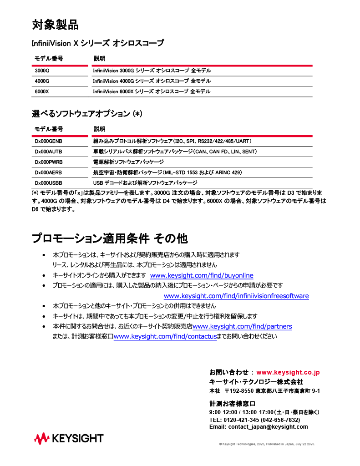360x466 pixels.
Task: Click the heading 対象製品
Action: (55, 25)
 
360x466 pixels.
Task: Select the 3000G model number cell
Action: (42, 71)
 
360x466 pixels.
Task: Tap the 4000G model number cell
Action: (42, 81)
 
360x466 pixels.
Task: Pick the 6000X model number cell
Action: (42, 91)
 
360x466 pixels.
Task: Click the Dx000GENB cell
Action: (49, 142)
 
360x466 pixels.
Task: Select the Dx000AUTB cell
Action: (49, 152)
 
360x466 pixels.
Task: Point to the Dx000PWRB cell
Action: (49, 162)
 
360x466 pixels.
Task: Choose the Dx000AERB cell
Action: (49, 172)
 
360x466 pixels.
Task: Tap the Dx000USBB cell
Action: (49, 182)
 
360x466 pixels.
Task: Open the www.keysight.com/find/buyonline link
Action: (202, 276)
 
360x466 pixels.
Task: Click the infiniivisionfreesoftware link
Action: (236, 296)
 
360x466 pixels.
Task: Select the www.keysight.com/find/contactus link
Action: (165, 337)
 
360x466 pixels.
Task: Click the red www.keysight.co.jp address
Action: (288, 373)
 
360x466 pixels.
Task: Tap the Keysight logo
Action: (69, 439)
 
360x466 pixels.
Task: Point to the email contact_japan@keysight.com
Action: (268, 427)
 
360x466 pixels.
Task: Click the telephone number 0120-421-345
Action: (241, 420)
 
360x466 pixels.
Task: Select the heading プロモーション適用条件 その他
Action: (110, 238)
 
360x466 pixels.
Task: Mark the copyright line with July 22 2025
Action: (267, 444)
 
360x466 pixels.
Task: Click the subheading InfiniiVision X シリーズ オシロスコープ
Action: (97, 44)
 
